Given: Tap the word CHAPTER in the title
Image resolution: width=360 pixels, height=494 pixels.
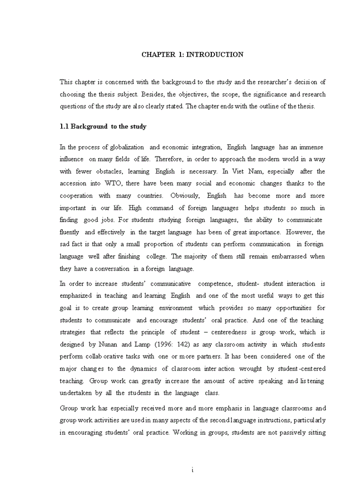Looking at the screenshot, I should pyautogui.click(x=158, y=55).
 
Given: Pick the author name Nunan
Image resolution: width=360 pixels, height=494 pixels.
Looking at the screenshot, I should pyautogui.click(x=116, y=344).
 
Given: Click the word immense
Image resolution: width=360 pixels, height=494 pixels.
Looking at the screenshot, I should pyautogui.click(x=312, y=147).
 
